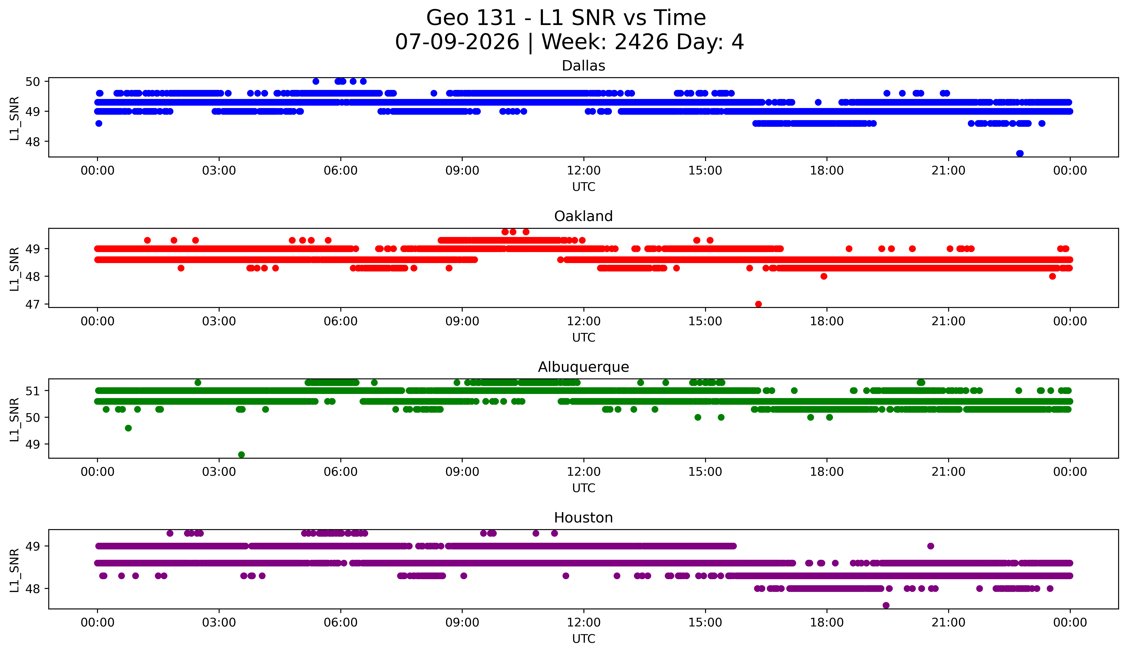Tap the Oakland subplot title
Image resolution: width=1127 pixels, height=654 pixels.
point(583,216)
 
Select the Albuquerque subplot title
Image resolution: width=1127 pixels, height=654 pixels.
point(583,367)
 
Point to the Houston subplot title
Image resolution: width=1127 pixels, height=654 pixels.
point(583,518)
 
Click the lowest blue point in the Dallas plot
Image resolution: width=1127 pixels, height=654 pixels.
point(1020,153)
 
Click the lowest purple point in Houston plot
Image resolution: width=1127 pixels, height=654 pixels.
point(886,605)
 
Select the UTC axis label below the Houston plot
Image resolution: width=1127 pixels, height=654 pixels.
point(584,639)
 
